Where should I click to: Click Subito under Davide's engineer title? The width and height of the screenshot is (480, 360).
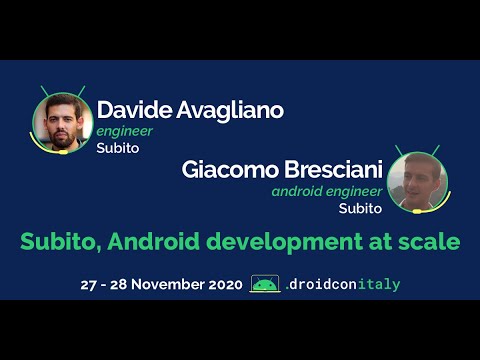click(117, 148)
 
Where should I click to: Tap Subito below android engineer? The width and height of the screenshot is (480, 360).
click(360, 209)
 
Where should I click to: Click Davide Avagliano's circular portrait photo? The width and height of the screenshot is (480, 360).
click(62, 123)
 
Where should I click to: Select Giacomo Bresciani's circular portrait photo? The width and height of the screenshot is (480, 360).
click(417, 181)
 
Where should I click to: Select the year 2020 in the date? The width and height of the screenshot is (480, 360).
click(222, 285)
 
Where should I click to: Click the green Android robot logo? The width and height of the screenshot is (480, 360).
click(265, 284)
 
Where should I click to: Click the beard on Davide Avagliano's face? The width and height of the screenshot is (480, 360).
click(62, 136)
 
